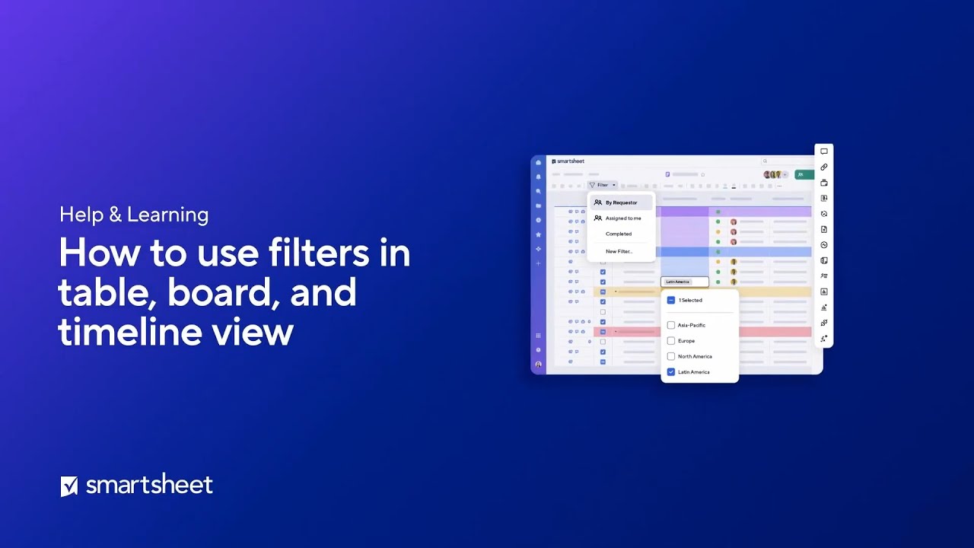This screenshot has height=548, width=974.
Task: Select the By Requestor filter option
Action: [x=621, y=202]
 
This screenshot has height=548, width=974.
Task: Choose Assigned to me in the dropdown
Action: [x=622, y=218]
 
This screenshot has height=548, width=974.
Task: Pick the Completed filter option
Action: [x=618, y=234]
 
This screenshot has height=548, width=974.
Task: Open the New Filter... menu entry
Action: [x=618, y=251]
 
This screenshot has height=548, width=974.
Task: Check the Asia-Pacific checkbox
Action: [x=671, y=325]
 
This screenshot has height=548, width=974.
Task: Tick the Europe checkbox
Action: [x=671, y=341]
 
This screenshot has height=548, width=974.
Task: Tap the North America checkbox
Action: [x=671, y=356]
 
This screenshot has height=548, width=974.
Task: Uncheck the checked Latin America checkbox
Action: [x=671, y=372]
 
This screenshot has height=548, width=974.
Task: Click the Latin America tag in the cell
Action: [x=677, y=282]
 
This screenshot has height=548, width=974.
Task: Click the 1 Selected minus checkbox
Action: [x=671, y=300]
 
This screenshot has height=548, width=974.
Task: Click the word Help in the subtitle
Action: [x=81, y=215]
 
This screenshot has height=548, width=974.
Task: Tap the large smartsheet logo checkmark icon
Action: [x=69, y=486]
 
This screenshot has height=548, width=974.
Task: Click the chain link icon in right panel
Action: [x=824, y=167]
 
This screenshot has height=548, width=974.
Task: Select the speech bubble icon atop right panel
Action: [x=824, y=151]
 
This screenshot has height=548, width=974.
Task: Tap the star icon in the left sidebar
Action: [x=539, y=234]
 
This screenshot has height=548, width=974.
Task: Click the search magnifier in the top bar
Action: [x=765, y=161]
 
